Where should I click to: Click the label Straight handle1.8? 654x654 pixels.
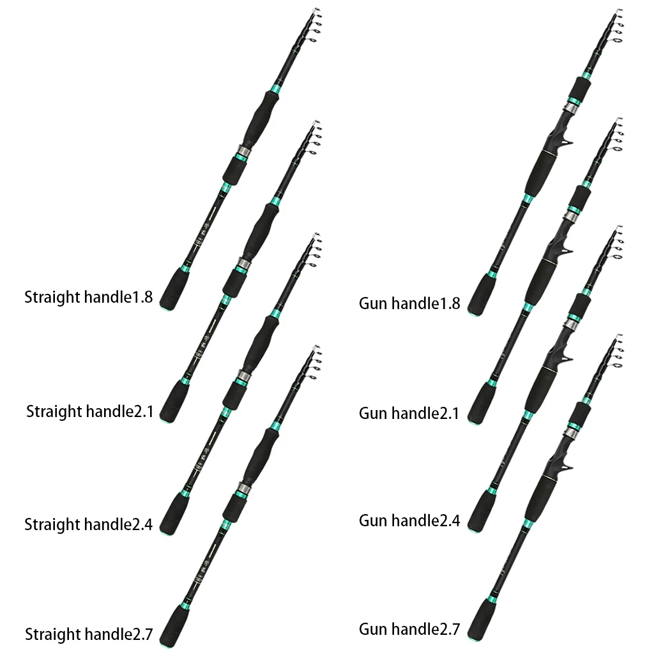click(x=88, y=297)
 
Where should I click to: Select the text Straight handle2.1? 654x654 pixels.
click(x=89, y=411)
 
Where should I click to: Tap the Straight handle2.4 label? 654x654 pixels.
click(x=88, y=524)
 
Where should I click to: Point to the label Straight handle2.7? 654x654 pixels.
click(x=89, y=634)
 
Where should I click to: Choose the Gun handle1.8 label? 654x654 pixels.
click(x=409, y=303)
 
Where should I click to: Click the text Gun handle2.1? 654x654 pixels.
click(x=409, y=413)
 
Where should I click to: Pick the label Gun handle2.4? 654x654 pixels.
click(x=409, y=520)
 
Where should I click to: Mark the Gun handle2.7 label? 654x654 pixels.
click(x=409, y=629)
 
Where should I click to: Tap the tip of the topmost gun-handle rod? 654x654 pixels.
click(x=620, y=11)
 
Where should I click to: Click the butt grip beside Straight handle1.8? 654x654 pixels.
click(x=172, y=289)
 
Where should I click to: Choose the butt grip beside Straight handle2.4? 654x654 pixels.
click(x=172, y=515)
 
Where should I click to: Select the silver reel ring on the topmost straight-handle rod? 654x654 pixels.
click(x=243, y=152)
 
